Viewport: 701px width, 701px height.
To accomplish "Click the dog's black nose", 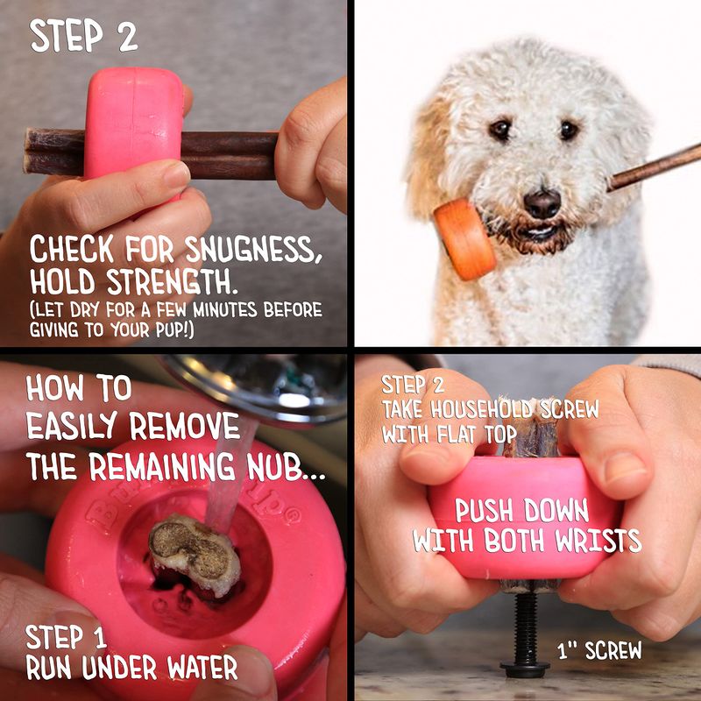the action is (542, 203).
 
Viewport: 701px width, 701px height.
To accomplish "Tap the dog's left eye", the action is (569, 130).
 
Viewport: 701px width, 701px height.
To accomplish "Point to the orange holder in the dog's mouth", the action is (464, 239).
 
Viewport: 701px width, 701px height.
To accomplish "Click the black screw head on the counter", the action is (525, 669).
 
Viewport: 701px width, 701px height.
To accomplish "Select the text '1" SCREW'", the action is (599, 650).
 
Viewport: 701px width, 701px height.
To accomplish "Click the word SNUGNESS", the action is (253, 249).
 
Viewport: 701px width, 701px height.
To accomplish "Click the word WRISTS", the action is (598, 541).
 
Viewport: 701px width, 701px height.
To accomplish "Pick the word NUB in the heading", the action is (280, 466).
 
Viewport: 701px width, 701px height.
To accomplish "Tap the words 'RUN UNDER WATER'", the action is (131, 668).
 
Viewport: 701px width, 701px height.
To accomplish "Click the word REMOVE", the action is (185, 426).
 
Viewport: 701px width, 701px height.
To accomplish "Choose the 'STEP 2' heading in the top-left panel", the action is (83, 35).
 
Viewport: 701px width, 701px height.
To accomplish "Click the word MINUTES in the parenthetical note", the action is (225, 309).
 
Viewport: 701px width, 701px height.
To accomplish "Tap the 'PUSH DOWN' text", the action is (521, 510).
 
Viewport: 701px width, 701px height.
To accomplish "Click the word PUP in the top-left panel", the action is (168, 330).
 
